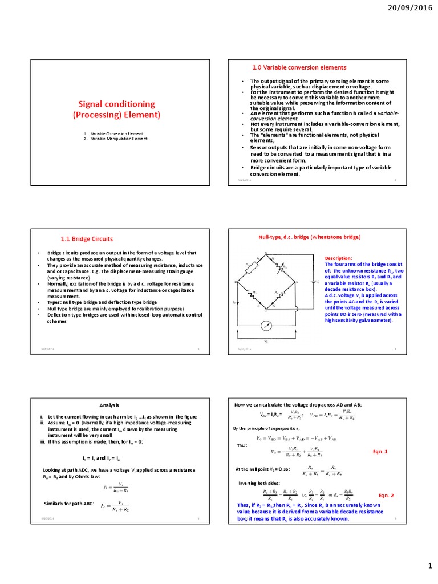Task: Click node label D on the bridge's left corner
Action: (x=236, y=282)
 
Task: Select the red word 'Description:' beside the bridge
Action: (x=339, y=258)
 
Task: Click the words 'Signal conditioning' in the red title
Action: (x=116, y=104)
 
